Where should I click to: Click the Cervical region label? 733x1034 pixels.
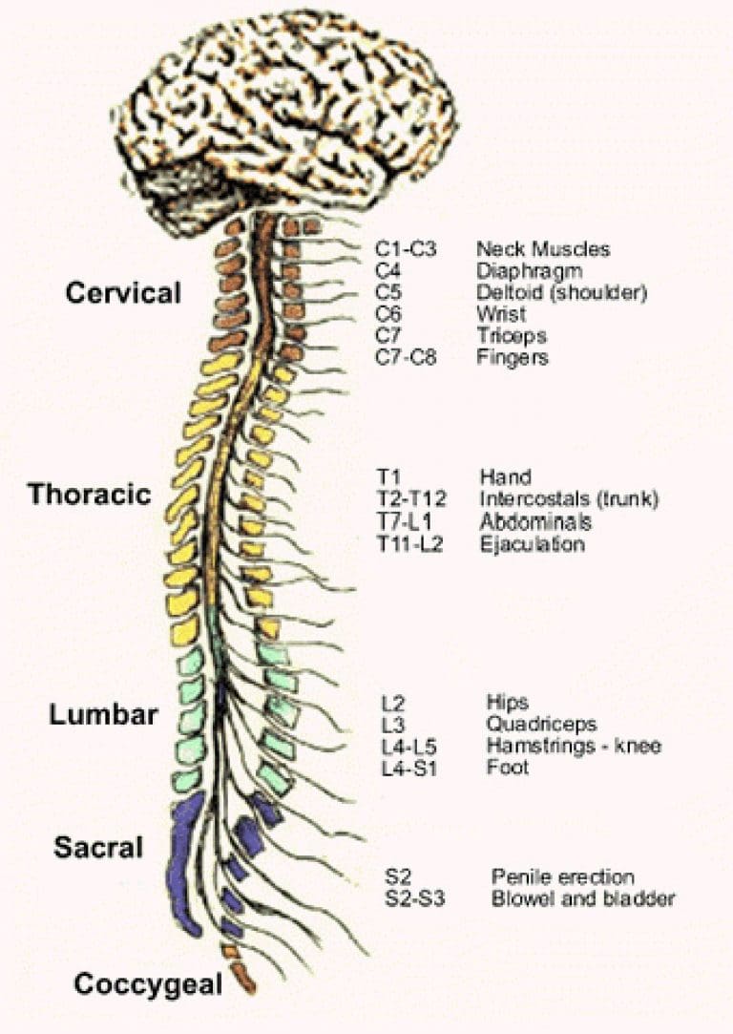(x=123, y=293)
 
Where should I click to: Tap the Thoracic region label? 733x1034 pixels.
(x=90, y=494)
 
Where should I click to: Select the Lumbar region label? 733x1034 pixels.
(x=103, y=715)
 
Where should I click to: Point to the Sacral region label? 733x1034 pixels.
(x=98, y=848)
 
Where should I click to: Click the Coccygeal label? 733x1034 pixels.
(x=148, y=984)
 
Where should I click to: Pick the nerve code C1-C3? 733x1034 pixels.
(x=406, y=249)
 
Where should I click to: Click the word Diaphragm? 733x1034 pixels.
(x=530, y=271)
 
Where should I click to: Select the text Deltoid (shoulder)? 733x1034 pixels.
(x=561, y=292)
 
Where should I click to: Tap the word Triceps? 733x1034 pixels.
(x=512, y=336)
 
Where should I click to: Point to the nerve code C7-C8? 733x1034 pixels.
(x=406, y=357)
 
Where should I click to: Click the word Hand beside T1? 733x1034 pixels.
(x=506, y=476)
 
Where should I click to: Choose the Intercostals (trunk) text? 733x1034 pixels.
(x=569, y=499)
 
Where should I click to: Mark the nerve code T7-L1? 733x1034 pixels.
(x=406, y=521)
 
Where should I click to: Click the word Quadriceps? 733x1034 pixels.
(x=541, y=724)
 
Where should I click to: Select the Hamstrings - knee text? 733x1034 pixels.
(x=574, y=746)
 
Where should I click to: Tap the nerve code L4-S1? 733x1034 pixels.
(x=409, y=769)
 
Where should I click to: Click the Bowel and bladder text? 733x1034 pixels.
(x=583, y=898)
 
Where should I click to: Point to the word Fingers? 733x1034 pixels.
(x=513, y=357)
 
